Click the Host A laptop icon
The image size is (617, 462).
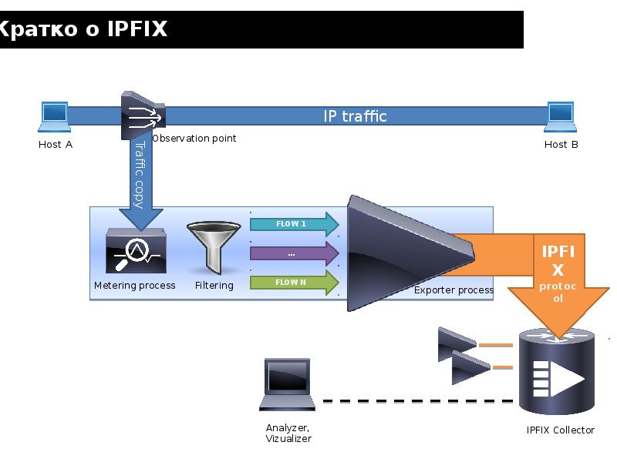[x=55, y=118]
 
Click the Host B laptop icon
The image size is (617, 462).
[x=561, y=118]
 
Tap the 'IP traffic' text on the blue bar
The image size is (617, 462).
[x=355, y=116]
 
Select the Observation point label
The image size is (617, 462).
[x=194, y=139]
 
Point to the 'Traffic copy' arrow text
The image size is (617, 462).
[x=140, y=173]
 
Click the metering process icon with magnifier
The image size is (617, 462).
[x=135, y=250]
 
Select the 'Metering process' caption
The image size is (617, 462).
[x=135, y=286]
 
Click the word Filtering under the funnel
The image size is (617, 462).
[x=214, y=286]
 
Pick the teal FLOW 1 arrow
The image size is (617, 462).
[x=294, y=224]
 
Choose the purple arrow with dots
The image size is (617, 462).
[x=294, y=253]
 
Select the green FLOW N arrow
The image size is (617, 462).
[x=294, y=283]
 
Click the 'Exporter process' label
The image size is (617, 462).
[x=453, y=290]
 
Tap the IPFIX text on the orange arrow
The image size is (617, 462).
[x=558, y=260]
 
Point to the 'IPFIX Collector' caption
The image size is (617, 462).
[x=561, y=430]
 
